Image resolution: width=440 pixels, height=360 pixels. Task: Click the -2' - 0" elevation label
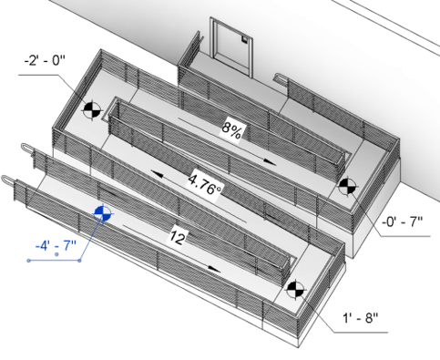tap(45, 60)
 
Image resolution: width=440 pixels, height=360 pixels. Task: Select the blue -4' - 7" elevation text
tap(56, 245)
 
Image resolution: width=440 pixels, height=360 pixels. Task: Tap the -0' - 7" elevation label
tap(402, 221)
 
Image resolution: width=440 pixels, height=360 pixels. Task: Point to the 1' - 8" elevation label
tap(361, 318)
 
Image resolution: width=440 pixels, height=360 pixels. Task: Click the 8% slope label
tap(232, 130)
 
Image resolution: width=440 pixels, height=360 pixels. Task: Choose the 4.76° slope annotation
tap(204, 184)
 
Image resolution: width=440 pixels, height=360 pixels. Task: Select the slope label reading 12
tap(177, 237)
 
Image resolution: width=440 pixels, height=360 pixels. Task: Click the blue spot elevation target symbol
tap(103, 213)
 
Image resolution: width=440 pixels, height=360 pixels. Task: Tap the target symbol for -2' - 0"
tap(92, 109)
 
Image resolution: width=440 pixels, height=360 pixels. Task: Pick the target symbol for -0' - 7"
tap(347, 186)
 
